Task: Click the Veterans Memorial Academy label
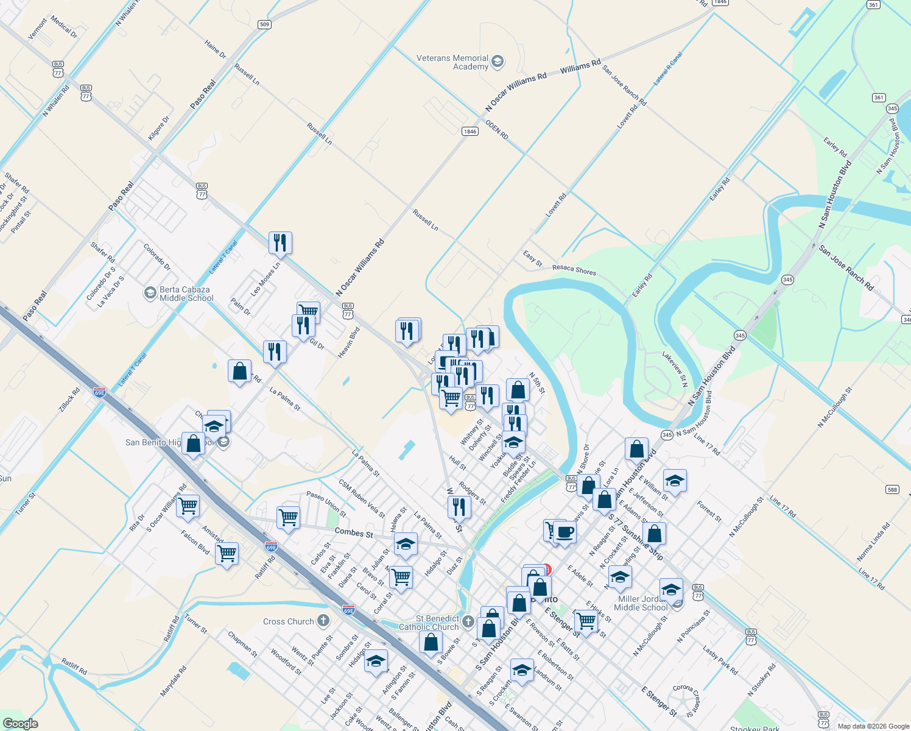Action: pyautogui.click(x=452, y=62)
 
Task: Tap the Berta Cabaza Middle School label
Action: pyautogui.click(x=186, y=294)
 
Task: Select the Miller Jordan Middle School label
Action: pyautogui.click(x=641, y=603)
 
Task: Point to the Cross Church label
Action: pyautogui.click(x=289, y=621)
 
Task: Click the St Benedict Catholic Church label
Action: pyautogui.click(x=429, y=623)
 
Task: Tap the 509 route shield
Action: pyautogui.click(x=264, y=24)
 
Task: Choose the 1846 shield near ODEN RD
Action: pyautogui.click(x=470, y=131)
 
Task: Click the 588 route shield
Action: pyautogui.click(x=892, y=489)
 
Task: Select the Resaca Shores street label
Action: pyautogui.click(x=574, y=269)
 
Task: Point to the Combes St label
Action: pyautogui.click(x=354, y=532)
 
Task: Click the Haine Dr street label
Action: pyautogui.click(x=216, y=49)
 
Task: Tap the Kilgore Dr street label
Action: pyautogui.click(x=159, y=128)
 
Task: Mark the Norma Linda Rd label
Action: pyautogui.click(x=873, y=541)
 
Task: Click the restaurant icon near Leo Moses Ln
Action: pyautogui.click(x=280, y=242)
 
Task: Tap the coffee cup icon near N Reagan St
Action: pyautogui.click(x=565, y=532)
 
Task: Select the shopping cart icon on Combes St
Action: pyautogui.click(x=288, y=518)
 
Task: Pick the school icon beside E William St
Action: pyautogui.click(x=675, y=481)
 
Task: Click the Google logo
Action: pyautogui.click(x=20, y=724)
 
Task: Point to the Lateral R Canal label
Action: pyautogui.click(x=667, y=68)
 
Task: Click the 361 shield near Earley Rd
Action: pyautogui.click(x=878, y=97)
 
